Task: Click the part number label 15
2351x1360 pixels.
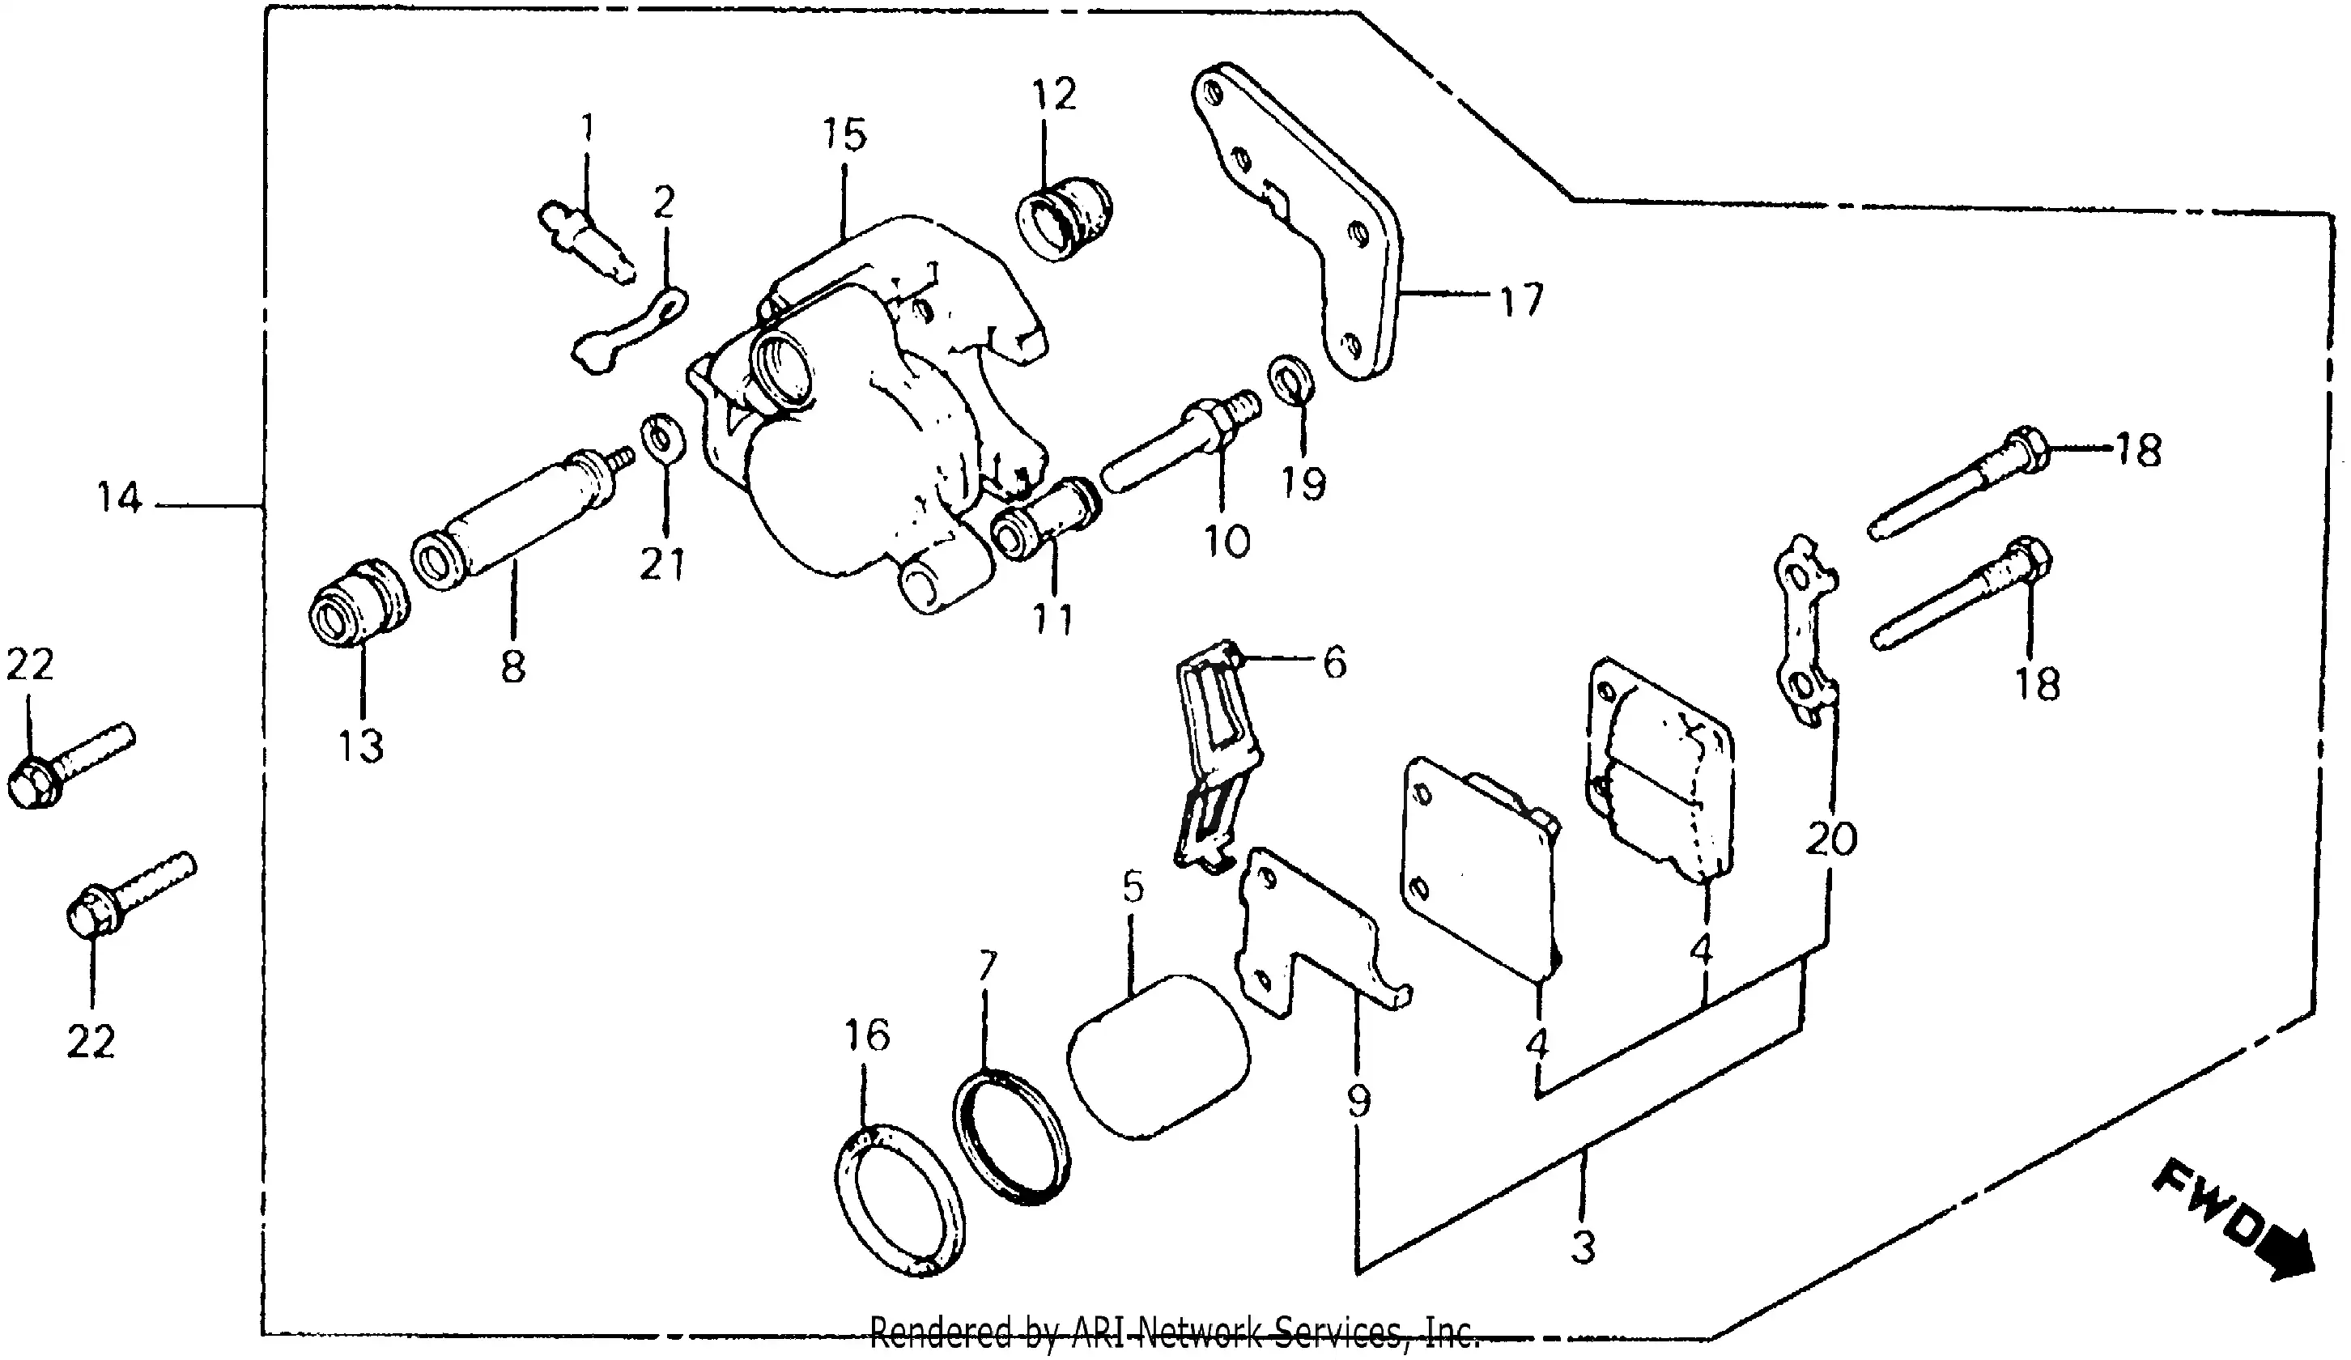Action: point(844,135)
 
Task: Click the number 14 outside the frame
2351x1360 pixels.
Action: point(120,499)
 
